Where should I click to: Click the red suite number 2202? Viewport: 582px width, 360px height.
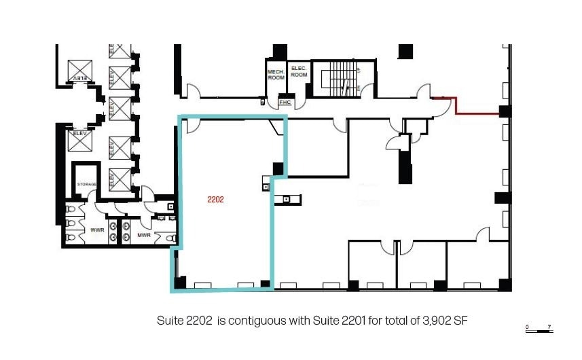(x=215, y=200)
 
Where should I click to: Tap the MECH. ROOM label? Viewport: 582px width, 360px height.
(x=276, y=75)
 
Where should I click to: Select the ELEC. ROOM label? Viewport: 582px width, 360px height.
(x=299, y=71)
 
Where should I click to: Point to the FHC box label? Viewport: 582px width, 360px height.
(x=285, y=102)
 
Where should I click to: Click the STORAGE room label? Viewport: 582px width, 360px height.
(x=86, y=184)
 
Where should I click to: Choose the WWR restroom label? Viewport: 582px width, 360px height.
(x=96, y=230)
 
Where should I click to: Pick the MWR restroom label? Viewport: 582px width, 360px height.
(x=143, y=235)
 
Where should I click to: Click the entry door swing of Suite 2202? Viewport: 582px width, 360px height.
(x=191, y=125)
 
